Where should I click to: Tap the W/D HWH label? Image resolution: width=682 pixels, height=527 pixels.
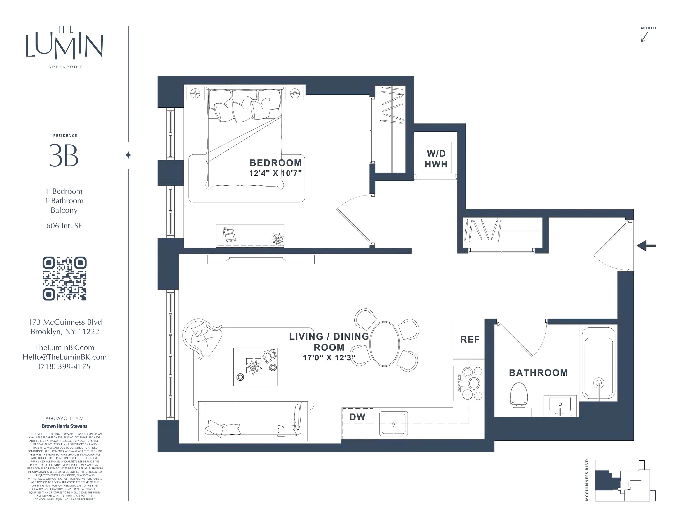click(436, 159)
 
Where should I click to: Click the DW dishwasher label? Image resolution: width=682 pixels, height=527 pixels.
click(357, 417)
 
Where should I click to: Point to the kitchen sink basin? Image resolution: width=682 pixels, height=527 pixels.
click(393, 424)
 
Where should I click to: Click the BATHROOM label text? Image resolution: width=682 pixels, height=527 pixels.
click(538, 372)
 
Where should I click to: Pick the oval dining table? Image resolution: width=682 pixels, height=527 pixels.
click(384, 344)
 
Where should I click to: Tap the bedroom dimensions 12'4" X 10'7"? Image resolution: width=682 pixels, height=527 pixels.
click(275, 173)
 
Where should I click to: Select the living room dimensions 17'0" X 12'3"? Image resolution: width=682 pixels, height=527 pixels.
click(329, 358)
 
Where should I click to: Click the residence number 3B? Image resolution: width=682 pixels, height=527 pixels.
click(64, 155)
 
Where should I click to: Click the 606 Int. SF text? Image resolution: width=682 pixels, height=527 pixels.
click(64, 226)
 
